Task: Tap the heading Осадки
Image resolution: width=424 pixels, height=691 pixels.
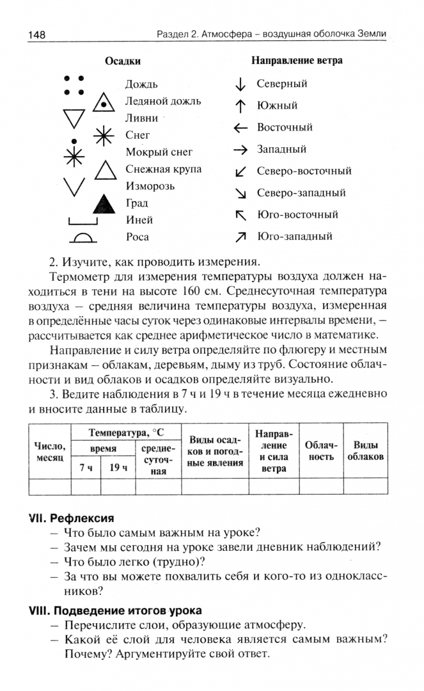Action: [123, 61]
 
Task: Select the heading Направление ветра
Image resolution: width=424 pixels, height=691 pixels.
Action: [297, 61]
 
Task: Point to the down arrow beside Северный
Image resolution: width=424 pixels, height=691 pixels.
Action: [240, 84]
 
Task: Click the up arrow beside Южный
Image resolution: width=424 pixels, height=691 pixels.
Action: [240, 106]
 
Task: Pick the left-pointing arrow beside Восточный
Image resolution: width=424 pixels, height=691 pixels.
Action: [240, 128]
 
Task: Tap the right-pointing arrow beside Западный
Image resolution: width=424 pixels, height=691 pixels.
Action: [240, 150]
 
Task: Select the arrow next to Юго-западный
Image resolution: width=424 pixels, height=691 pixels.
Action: [240, 237]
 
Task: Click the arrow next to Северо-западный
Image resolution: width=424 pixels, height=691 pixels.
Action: [240, 193]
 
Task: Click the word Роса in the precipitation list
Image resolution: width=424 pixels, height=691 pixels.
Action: [137, 237]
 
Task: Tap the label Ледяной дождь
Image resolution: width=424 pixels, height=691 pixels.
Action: [163, 101]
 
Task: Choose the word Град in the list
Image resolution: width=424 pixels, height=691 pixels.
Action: [137, 203]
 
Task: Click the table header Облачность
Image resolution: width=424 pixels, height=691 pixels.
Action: [319, 451]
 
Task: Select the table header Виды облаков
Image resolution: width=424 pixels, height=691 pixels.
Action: [365, 451]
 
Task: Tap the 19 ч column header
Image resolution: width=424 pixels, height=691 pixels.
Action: [119, 468]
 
